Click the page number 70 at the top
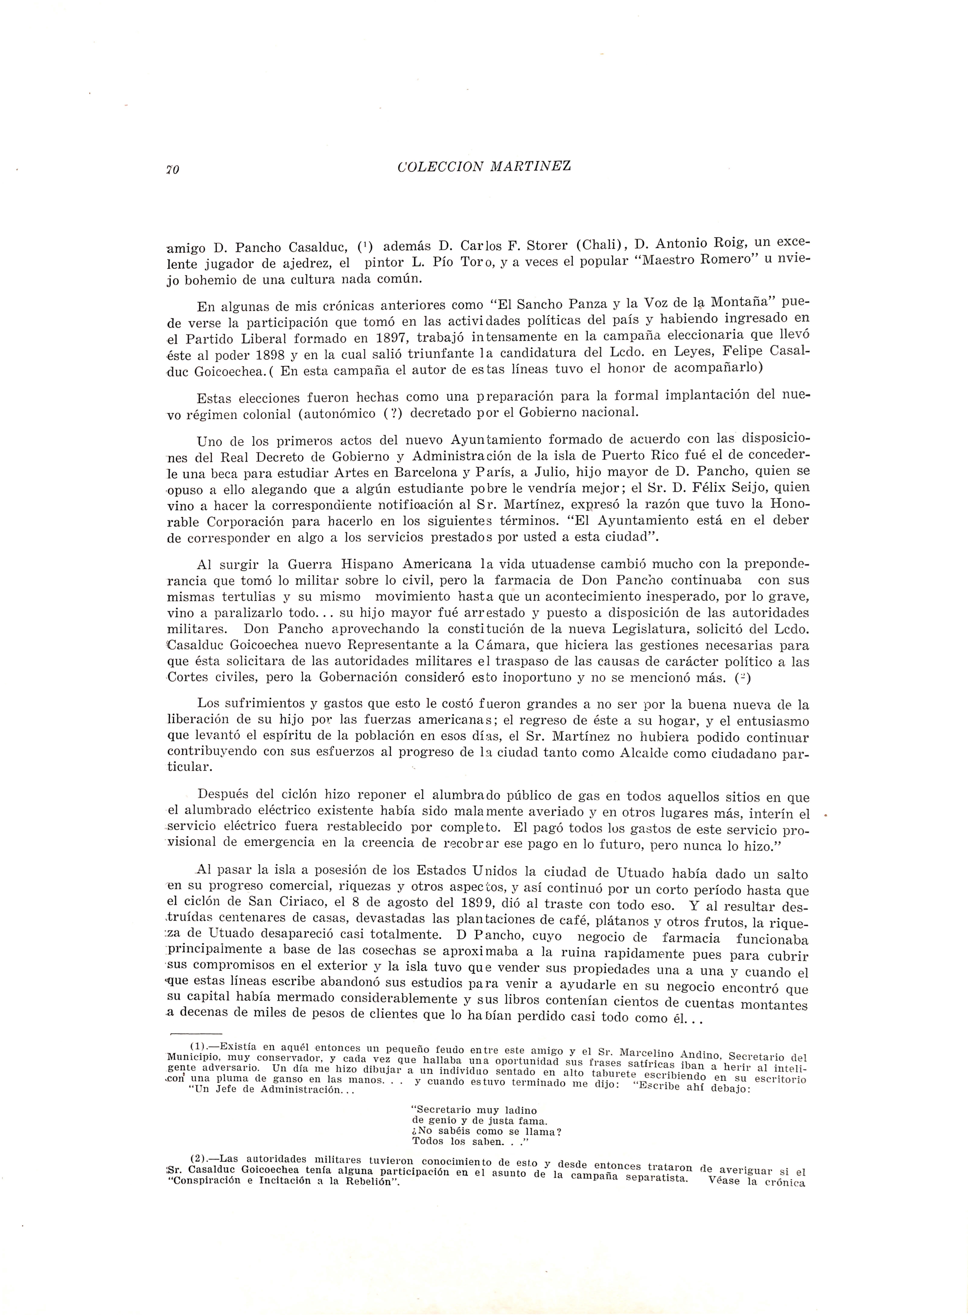tap(172, 170)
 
